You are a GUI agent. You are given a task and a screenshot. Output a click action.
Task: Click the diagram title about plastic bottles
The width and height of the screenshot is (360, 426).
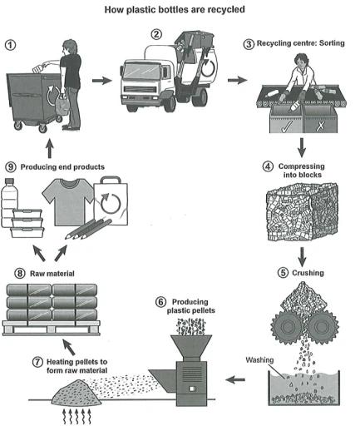coord(180,12)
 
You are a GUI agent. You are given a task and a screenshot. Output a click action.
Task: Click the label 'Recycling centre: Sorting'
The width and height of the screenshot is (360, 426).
coord(306,40)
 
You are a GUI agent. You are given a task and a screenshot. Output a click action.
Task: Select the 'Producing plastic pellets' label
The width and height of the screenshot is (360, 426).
coord(186,305)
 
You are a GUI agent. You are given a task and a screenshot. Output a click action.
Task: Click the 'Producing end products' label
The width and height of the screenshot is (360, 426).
coord(62,166)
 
